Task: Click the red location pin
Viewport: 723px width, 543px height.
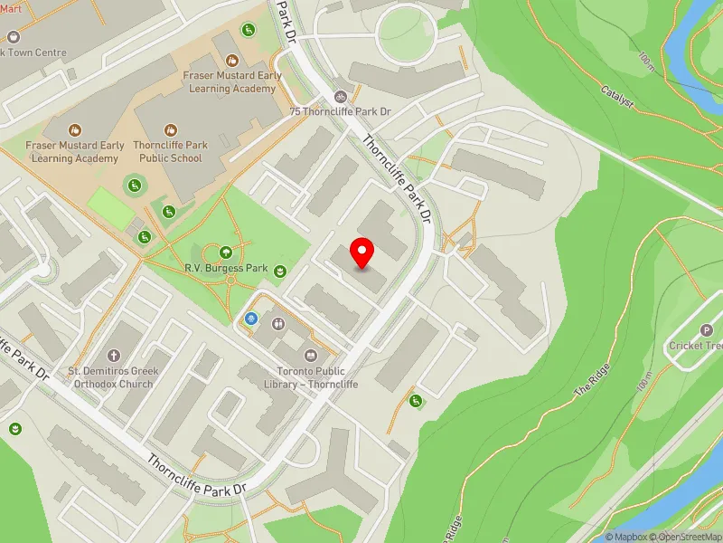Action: pos(362,252)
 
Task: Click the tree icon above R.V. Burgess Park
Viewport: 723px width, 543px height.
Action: pos(224,251)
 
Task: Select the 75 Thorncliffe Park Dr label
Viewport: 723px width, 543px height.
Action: pos(340,111)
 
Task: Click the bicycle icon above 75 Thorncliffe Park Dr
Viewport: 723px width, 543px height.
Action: pos(341,95)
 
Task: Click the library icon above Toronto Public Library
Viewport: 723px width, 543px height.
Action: pos(312,355)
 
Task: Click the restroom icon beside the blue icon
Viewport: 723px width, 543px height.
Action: pos(277,322)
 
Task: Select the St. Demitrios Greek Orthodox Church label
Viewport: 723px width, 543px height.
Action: pos(114,377)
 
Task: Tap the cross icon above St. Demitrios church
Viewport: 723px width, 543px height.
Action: pos(114,356)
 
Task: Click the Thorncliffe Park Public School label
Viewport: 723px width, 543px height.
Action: pos(170,151)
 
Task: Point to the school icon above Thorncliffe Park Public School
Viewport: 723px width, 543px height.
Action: pos(170,131)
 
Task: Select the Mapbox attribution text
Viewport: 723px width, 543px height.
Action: pos(626,537)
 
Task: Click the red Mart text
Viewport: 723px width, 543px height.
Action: pos(10,8)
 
